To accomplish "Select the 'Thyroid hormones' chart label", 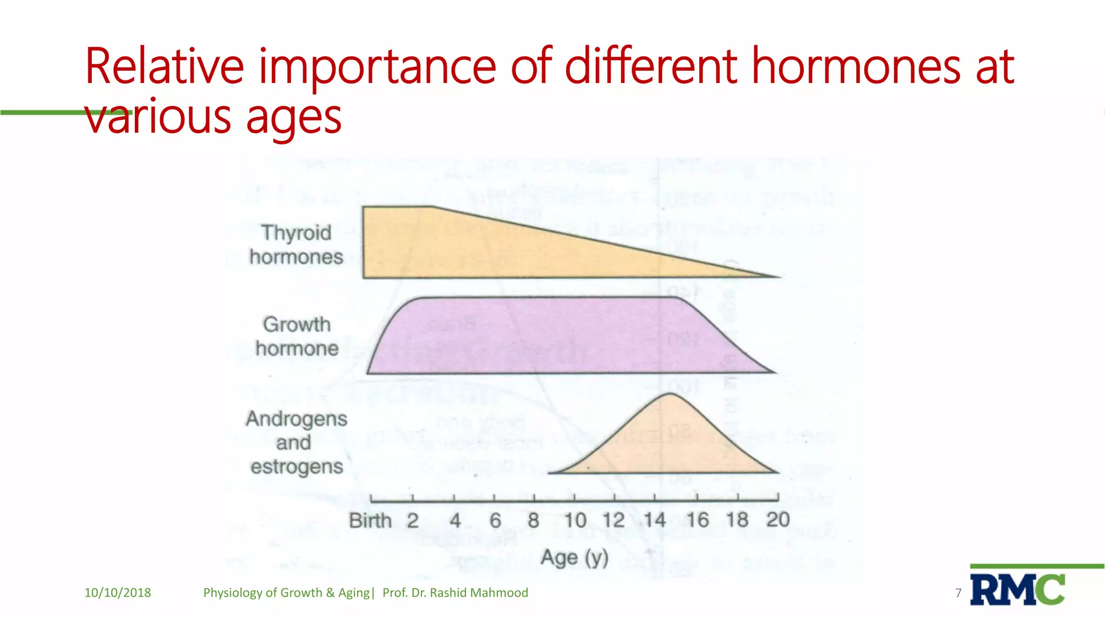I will [x=296, y=245].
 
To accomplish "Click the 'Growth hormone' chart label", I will [x=297, y=336].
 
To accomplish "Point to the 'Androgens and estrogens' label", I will [x=296, y=443].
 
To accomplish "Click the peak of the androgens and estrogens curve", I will [x=670, y=395].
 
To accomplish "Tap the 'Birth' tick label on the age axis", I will [x=370, y=521].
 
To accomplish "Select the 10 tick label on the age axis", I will [x=575, y=521].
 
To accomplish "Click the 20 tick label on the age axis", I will [x=777, y=520].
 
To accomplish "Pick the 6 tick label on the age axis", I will [x=495, y=521].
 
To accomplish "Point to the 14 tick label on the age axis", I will [x=654, y=521].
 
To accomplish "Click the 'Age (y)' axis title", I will [x=575, y=557].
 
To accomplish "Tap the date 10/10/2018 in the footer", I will [x=118, y=592].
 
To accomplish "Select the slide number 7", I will [x=958, y=593].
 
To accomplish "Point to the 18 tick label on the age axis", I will [x=737, y=520].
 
